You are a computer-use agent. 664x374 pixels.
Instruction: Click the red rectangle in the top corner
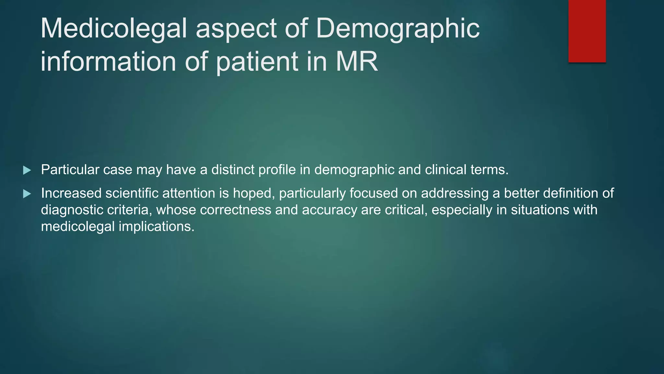coord(587,31)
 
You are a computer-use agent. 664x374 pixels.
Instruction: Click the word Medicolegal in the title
coord(114,29)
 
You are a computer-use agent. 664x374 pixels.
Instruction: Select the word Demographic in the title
coord(397,29)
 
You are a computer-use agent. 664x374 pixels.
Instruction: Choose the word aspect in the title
coord(236,29)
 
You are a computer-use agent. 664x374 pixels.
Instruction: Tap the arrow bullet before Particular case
coord(27,170)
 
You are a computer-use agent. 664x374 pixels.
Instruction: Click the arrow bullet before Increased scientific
coord(27,194)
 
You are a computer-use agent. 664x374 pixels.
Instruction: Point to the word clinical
coord(445,170)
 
